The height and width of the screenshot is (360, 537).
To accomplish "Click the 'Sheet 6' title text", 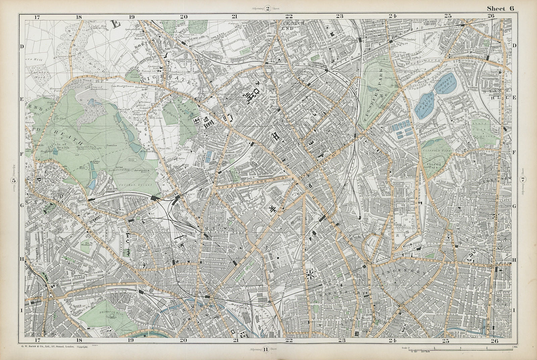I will coord(500,9).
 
